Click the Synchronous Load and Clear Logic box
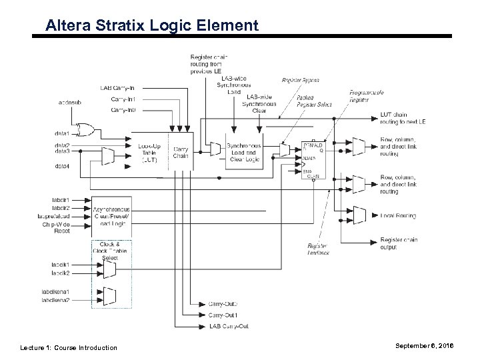click(244, 153)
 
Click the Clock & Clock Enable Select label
click(111, 252)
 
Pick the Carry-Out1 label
click(223, 314)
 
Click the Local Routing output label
click(398, 216)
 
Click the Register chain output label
click(399, 243)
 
